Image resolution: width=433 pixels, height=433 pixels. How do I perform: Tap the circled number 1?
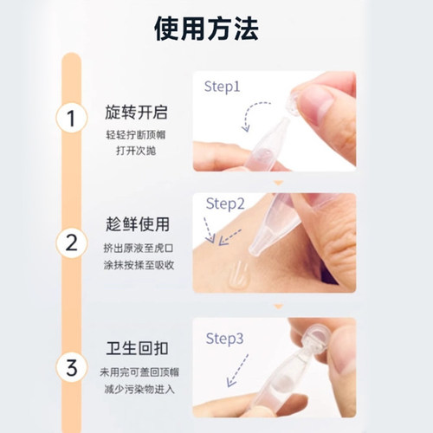72,119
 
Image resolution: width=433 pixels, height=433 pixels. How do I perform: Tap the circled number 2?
72,242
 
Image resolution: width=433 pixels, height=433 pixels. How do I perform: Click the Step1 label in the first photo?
223,87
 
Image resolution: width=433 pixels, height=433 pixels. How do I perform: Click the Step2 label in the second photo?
227,204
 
